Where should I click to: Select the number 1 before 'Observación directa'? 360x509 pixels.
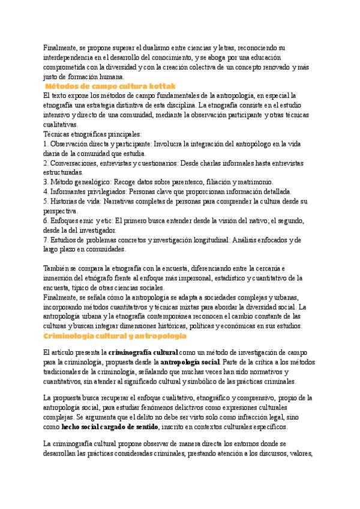pos(46,144)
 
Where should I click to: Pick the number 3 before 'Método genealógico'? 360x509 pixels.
pos(46,182)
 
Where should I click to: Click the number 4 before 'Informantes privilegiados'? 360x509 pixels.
pos(46,191)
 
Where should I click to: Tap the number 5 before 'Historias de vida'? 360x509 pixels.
pos(46,201)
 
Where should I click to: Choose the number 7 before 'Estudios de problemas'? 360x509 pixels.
pos(46,239)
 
